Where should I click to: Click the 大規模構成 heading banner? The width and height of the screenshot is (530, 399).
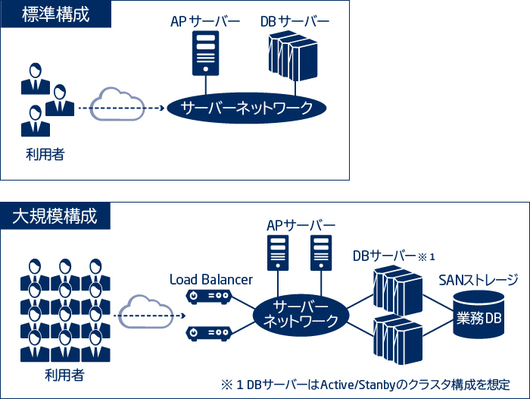56,215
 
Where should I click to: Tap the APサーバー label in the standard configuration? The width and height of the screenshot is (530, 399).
204,20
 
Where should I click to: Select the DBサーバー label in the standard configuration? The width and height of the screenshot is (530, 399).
295,20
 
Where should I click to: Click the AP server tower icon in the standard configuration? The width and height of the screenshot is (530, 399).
205,52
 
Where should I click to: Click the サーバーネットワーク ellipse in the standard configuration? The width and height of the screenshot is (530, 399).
247,108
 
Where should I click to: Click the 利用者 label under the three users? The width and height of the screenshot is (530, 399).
45,155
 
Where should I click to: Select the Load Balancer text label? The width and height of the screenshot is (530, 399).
211,280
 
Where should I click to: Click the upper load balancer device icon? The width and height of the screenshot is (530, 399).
208,297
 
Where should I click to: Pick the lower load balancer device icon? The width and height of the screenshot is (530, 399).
208,332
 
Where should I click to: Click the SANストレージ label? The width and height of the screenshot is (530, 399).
478,278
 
